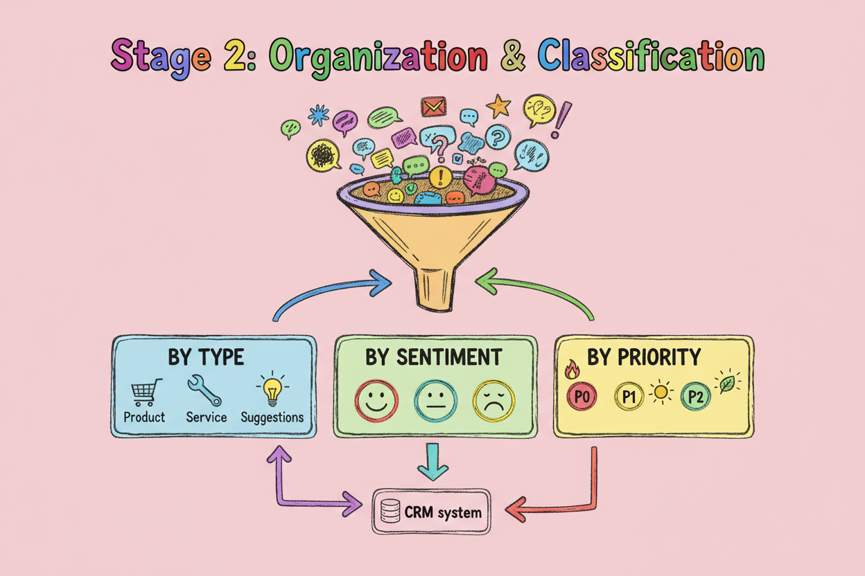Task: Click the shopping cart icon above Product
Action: [x=146, y=392]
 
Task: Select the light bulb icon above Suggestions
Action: [x=272, y=390]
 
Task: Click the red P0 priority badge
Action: [x=582, y=397]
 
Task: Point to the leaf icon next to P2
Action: [x=727, y=384]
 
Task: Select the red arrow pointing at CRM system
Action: [x=548, y=511]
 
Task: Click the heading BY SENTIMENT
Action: [x=435, y=357]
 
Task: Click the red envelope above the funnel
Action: [x=433, y=107]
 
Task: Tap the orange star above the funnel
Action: [x=498, y=106]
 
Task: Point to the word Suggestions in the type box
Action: [x=272, y=417]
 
